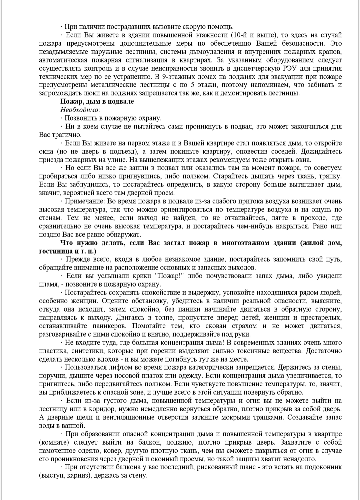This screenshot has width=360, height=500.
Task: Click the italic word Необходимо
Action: point(80,110)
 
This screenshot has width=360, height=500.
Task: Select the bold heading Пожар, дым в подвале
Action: point(97,101)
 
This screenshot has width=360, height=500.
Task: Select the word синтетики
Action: point(87,351)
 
